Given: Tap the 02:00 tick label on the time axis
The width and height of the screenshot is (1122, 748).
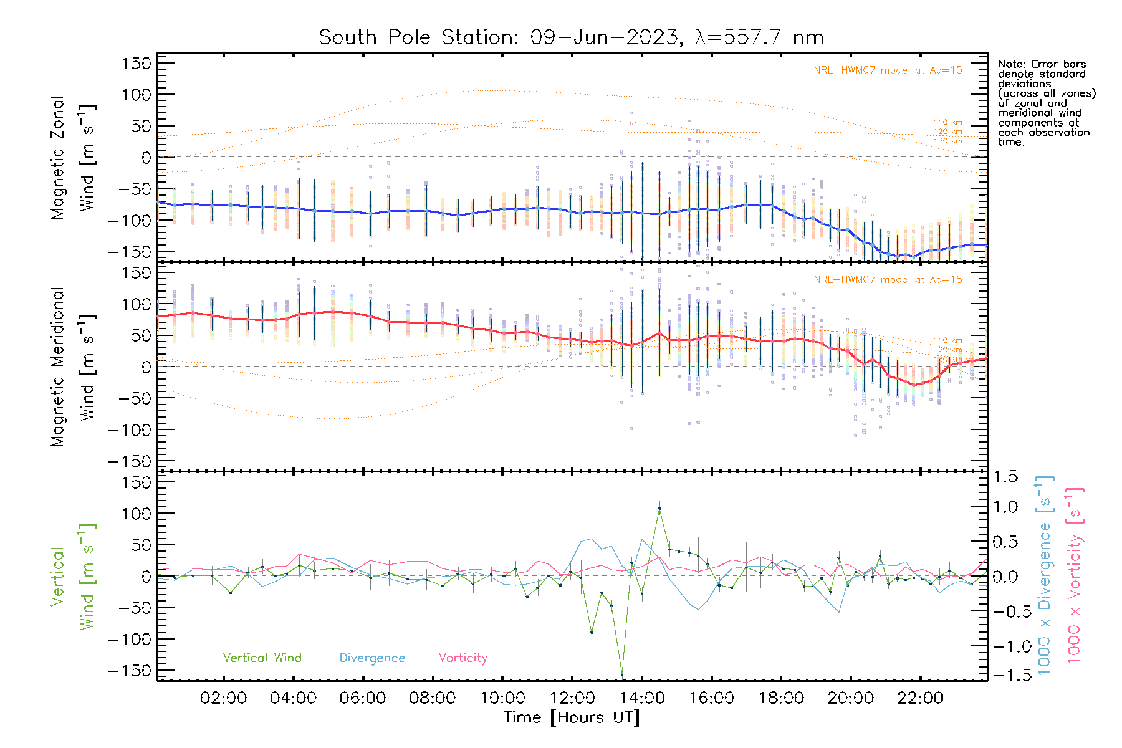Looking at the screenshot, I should pos(223,698).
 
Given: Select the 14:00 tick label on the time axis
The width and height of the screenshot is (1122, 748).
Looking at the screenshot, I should pos(641,698).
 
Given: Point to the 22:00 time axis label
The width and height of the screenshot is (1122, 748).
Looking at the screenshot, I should pos(920,698).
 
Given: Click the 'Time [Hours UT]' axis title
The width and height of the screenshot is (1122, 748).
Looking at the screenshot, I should pos(572,717).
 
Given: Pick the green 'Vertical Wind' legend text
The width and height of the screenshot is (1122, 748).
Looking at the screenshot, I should pos(262,658).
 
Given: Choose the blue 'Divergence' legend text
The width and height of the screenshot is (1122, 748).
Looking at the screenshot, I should pos(372,658).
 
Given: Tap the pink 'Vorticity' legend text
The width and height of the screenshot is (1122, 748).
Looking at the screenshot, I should pos(463,658).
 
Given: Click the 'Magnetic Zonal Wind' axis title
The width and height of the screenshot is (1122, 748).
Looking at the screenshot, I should pos(74,157).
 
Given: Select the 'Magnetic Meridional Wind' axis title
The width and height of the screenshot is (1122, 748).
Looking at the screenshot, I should pos(74,367).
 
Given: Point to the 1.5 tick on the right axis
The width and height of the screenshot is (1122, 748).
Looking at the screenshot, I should pos(1005,477).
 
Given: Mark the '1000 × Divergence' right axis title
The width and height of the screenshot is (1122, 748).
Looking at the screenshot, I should pos(1045,575).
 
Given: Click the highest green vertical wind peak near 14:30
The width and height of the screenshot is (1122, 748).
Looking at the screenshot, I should pos(659,509).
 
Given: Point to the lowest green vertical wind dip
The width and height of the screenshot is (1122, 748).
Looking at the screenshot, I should pos(622,674).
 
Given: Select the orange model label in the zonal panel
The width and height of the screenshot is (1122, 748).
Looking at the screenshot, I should pos(888,70).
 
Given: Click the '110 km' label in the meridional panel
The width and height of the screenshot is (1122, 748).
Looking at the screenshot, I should pos(947,340).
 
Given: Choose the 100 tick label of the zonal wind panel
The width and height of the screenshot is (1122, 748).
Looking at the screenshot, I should pos(137,95).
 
